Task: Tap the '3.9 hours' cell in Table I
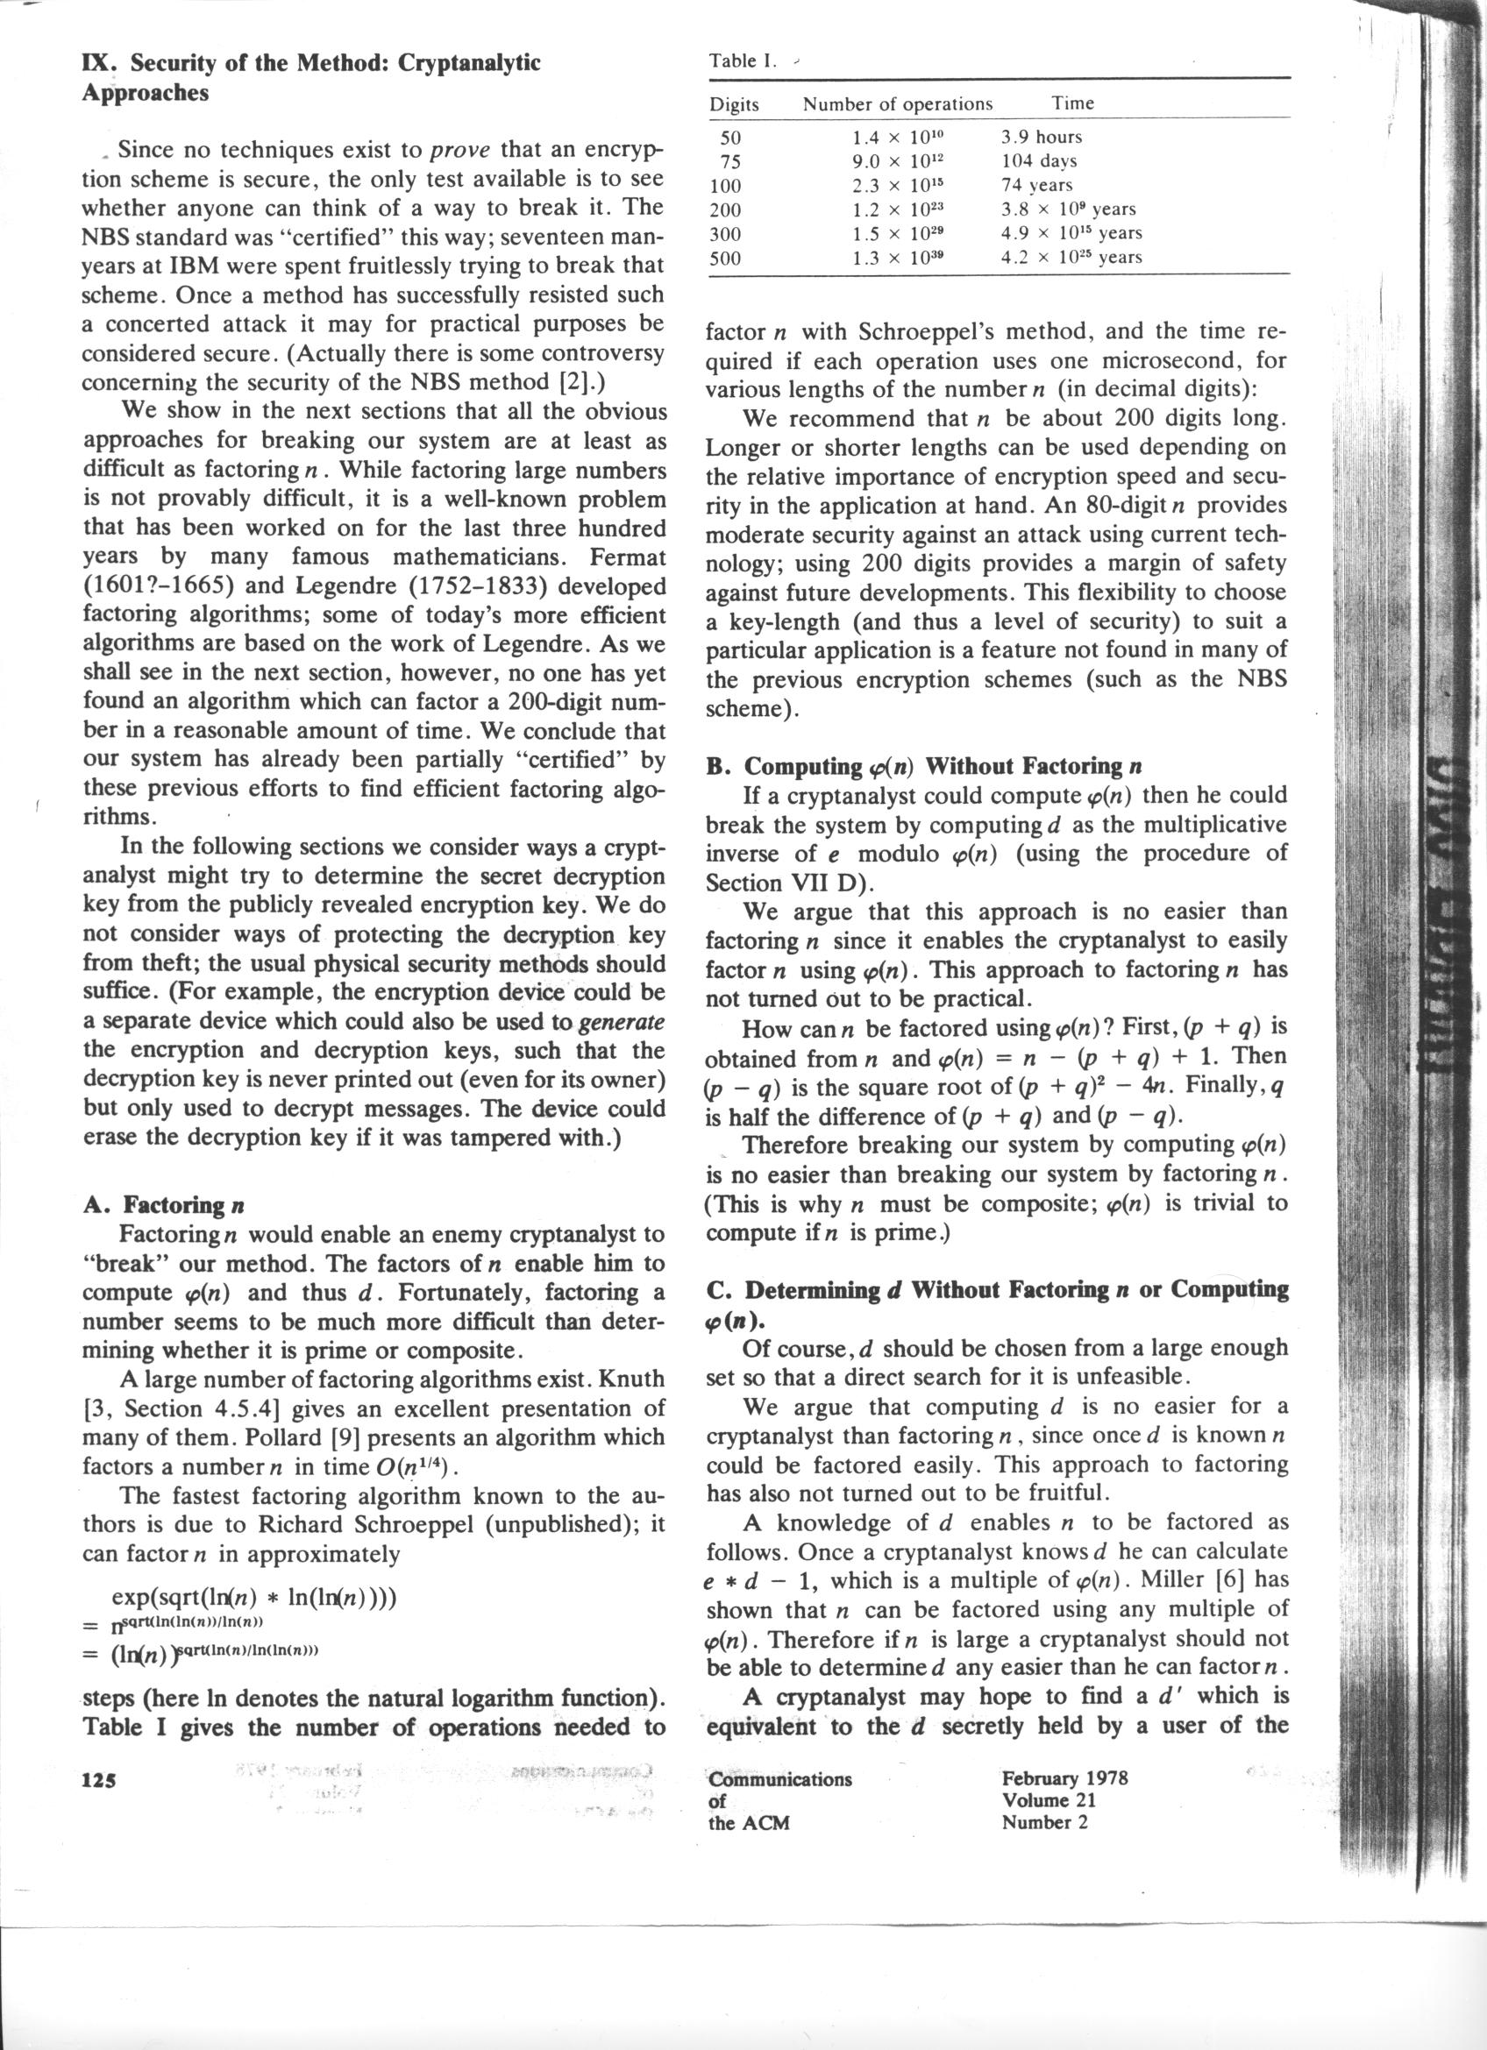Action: pos(1042,137)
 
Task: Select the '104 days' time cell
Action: pos(1039,161)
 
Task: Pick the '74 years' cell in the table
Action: pos(1037,185)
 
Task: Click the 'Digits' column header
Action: pos(734,105)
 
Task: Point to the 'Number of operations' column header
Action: pos(898,104)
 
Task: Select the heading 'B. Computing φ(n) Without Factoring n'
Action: pos(924,767)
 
